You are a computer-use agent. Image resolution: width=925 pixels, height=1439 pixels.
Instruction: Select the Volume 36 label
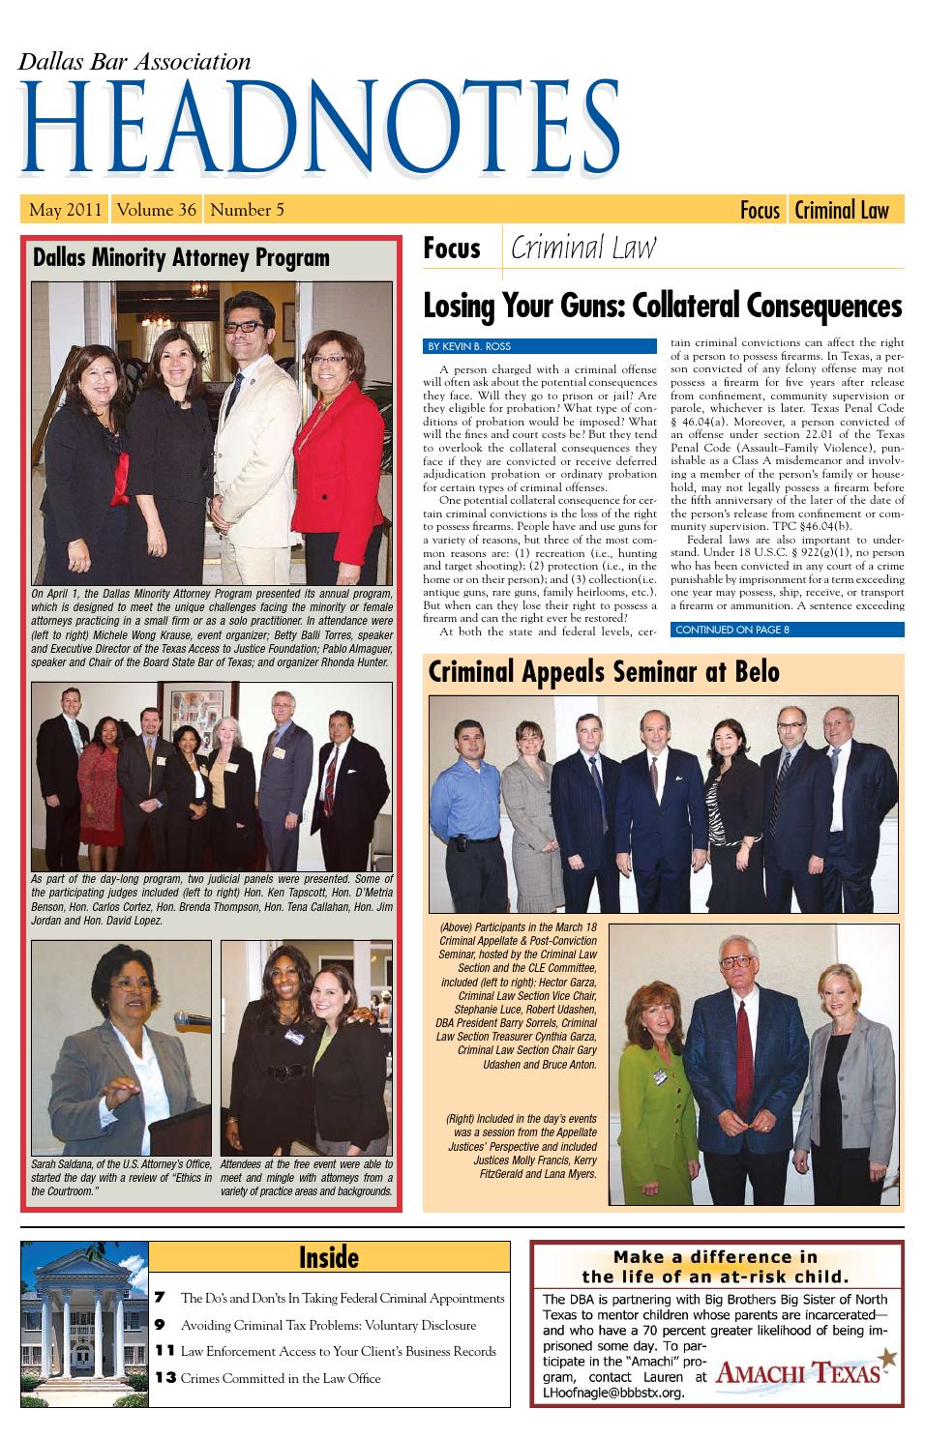(x=158, y=210)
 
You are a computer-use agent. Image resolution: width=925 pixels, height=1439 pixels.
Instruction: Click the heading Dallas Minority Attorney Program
(x=181, y=257)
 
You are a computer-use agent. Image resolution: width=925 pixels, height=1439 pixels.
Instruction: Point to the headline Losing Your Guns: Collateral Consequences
(x=662, y=307)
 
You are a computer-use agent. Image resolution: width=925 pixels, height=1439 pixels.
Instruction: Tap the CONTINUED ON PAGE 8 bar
(x=732, y=631)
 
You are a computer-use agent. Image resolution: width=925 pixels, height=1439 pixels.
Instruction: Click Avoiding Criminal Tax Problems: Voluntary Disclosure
(x=328, y=1325)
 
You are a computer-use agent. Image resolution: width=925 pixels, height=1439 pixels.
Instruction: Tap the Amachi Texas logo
(x=806, y=1372)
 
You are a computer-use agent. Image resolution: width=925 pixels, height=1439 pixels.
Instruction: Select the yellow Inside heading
(x=329, y=1257)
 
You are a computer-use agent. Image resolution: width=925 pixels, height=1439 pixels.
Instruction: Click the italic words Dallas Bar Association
(x=134, y=62)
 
